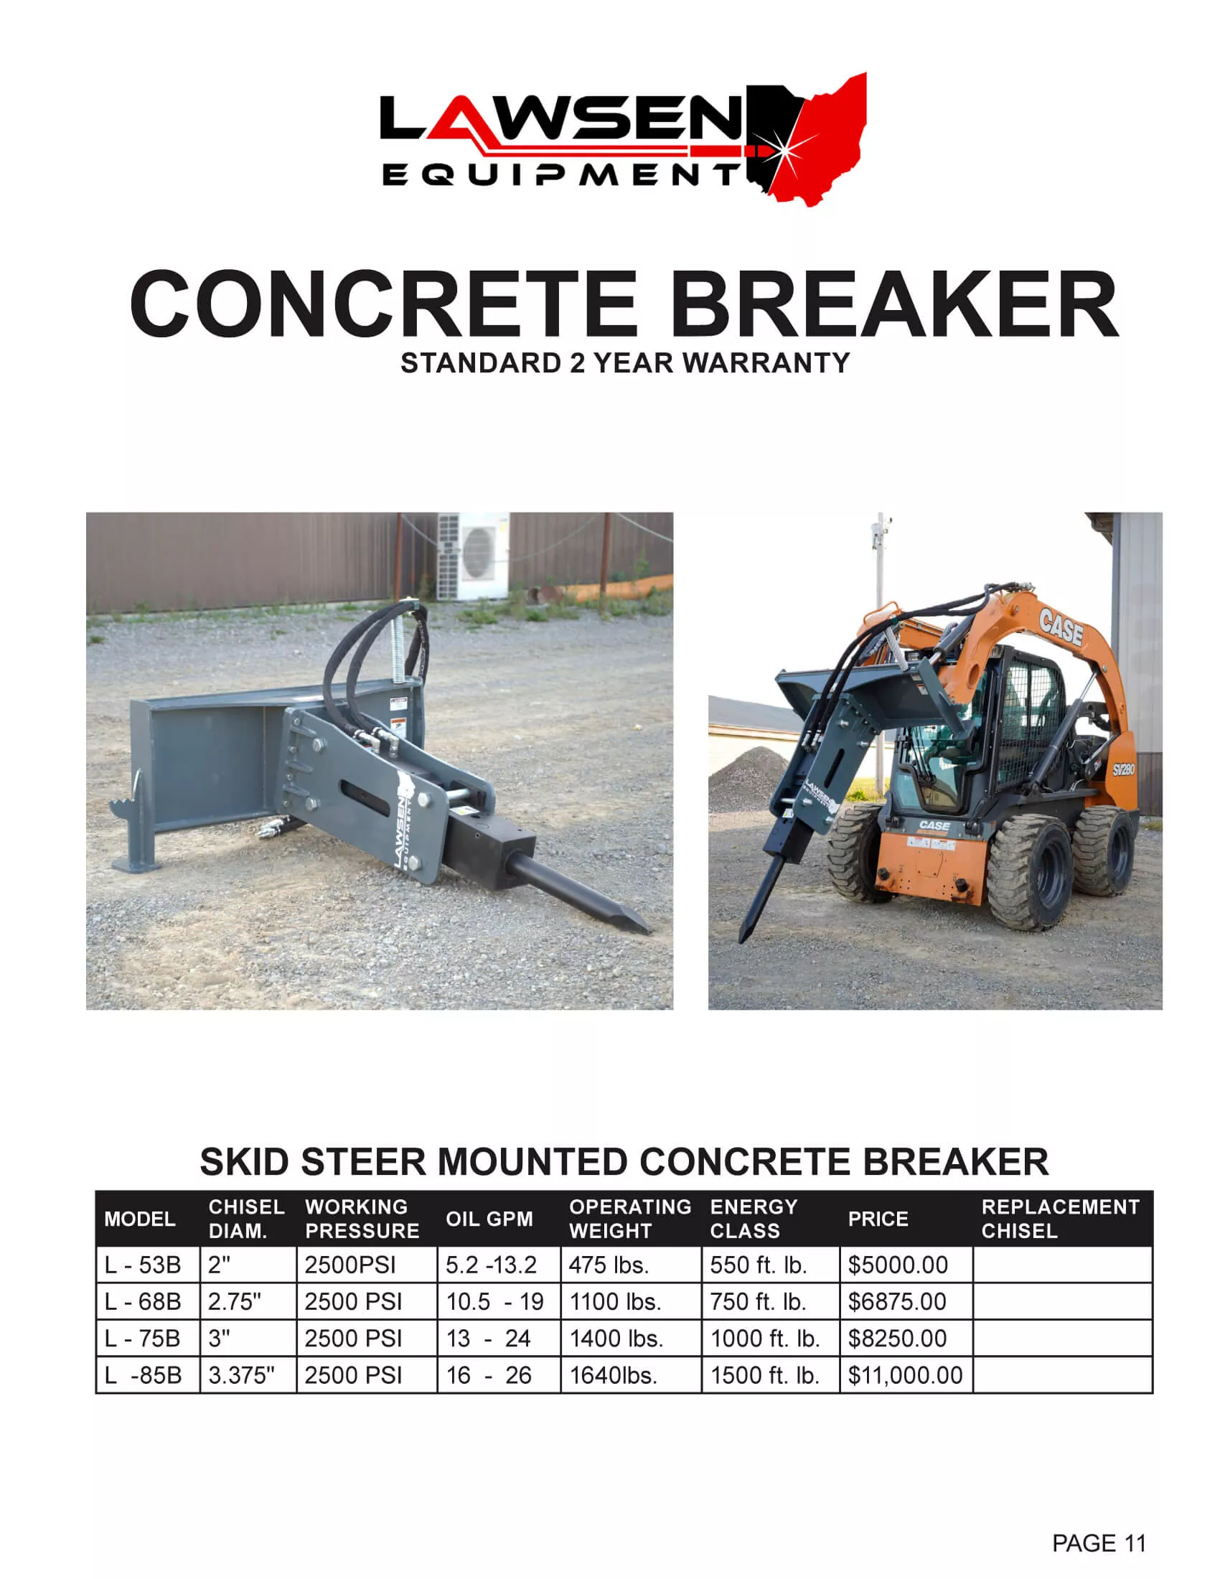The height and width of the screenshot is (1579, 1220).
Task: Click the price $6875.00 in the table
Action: [x=896, y=1302]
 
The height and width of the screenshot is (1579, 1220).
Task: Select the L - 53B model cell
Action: [x=143, y=1265]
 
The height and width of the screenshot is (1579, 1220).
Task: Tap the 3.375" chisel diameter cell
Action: [x=241, y=1375]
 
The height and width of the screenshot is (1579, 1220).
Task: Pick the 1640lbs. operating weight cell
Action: [x=613, y=1375]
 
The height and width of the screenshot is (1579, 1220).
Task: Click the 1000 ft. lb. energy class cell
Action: [x=765, y=1339]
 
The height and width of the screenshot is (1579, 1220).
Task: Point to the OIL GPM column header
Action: [x=489, y=1219]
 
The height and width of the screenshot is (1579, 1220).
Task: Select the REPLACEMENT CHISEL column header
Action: [x=1059, y=1219]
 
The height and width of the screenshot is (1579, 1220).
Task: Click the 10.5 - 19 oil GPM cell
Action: [x=494, y=1302]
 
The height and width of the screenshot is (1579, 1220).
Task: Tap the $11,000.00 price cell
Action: [x=905, y=1375]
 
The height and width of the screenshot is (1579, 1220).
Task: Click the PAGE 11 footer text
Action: [x=1099, y=1543]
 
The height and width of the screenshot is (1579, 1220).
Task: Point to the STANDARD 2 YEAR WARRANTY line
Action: [x=625, y=363]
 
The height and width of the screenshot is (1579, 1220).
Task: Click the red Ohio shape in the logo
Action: [x=831, y=137]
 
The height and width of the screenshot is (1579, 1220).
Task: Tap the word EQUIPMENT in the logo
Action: [x=560, y=175]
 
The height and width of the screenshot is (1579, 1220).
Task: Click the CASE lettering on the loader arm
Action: [x=1060, y=627]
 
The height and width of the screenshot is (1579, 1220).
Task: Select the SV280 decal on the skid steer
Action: [x=1122, y=769]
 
